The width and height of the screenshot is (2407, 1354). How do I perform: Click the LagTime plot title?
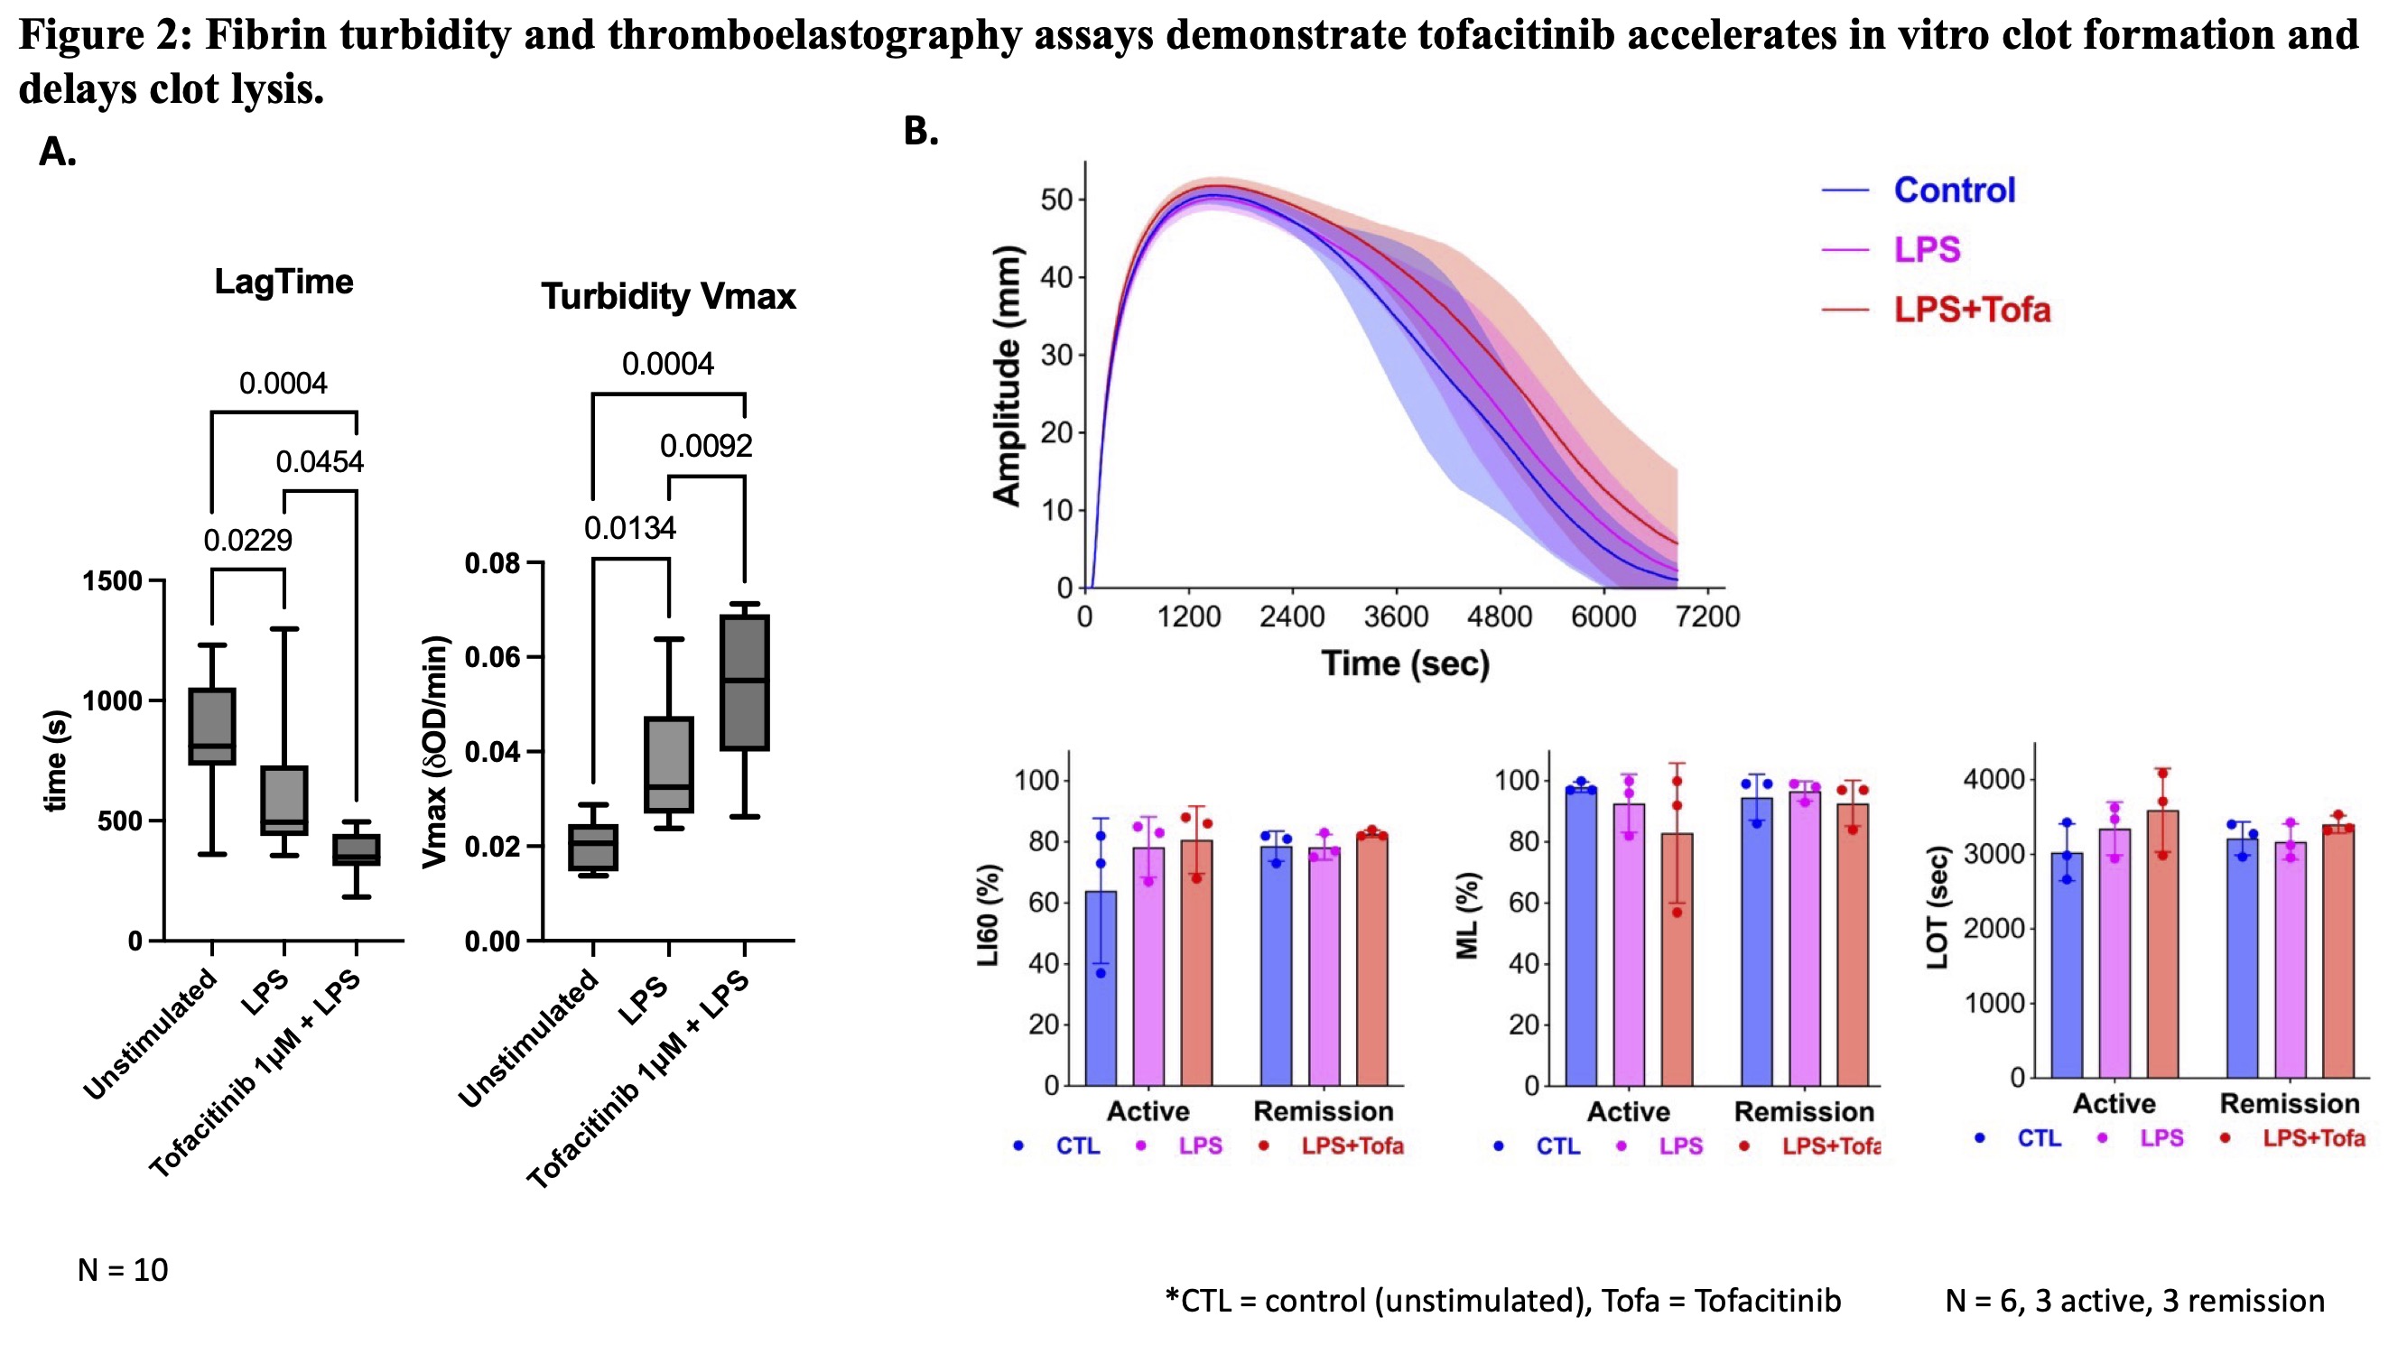click(283, 282)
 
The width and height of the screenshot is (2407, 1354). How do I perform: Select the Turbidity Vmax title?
click(668, 296)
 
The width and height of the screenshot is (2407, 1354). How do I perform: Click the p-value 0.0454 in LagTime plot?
click(320, 461)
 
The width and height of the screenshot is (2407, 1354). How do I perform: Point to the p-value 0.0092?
click(705, 446)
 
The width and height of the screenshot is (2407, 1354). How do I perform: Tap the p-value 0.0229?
click(247, 540)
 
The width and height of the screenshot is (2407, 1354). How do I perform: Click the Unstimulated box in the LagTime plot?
click(212, 727)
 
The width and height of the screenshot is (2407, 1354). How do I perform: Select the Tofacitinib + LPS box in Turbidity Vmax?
click(745, 682)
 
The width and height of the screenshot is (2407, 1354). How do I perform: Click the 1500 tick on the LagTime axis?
click(112, 581)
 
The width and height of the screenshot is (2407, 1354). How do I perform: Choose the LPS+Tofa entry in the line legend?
click(1972, 311)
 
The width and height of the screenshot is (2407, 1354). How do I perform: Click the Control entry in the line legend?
click(1954, 190)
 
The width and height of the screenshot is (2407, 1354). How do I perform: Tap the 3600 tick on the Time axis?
click(1396, 617)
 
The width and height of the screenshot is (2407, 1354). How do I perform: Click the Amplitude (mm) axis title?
click(1008, 376)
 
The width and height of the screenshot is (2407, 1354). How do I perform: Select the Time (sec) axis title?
click(1405, 663)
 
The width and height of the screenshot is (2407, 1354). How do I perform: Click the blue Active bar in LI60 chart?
click(1101, 988)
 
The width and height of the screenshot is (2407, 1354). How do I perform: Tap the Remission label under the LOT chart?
click(2290, 1104)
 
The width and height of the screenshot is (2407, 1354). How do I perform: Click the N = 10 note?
click(123, 1270)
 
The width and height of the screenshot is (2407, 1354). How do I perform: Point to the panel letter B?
click(920, 132)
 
